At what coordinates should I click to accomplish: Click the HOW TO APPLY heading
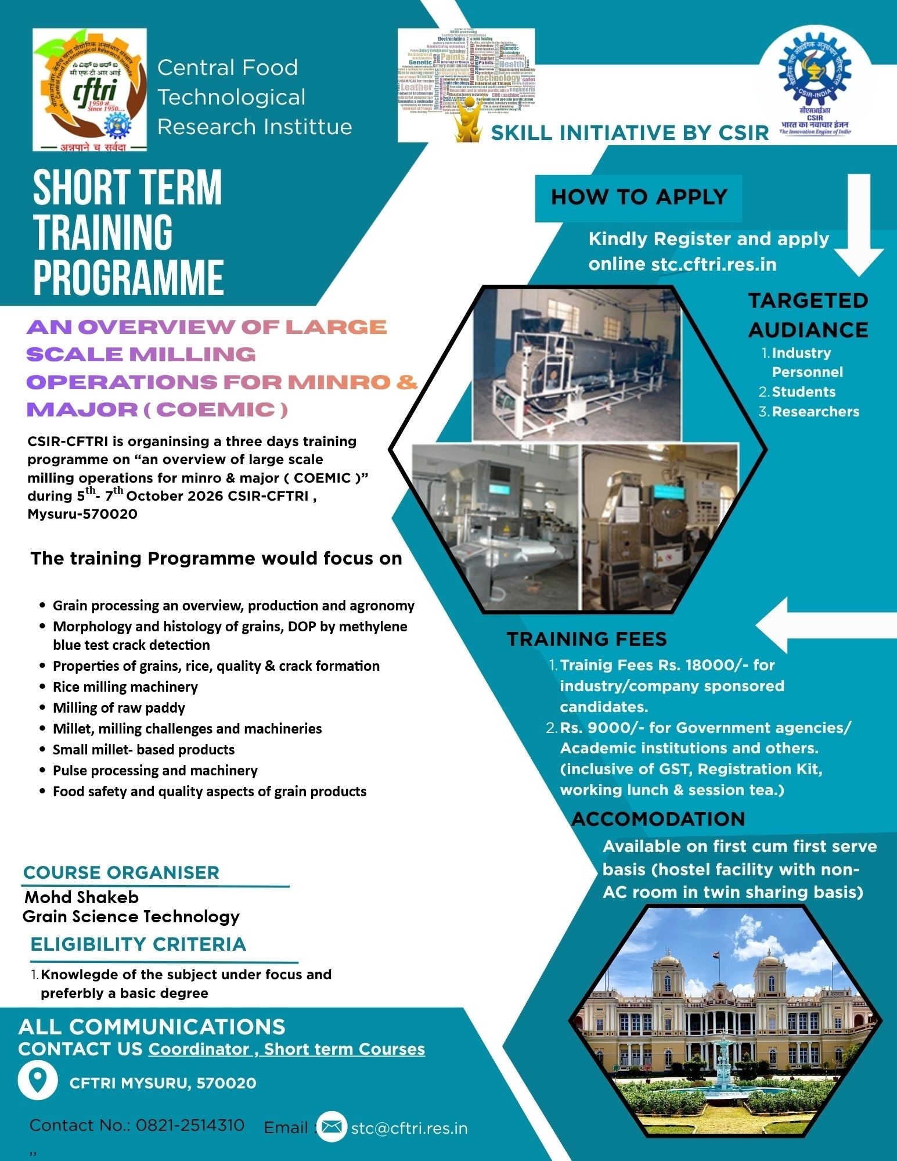coord(639,197)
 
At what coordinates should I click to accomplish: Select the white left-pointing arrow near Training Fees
coord(824,626)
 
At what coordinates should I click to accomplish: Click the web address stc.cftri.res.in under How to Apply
coord(714,264)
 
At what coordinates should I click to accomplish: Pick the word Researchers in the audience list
coord(815,412)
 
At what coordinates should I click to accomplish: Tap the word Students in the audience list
coord(804,392)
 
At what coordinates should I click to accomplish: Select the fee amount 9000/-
coord(614,728)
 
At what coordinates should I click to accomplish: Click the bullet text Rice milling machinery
coord(125,687)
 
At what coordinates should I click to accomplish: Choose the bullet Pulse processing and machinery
coord(155,771)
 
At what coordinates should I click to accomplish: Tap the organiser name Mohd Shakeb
coord(81,897)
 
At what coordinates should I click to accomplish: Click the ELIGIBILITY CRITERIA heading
coord(138,944)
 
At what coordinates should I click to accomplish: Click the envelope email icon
coord(332,1127)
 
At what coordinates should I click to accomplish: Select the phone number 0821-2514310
coord(190,1126)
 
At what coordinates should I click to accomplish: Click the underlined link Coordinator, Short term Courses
coord(286,1049)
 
